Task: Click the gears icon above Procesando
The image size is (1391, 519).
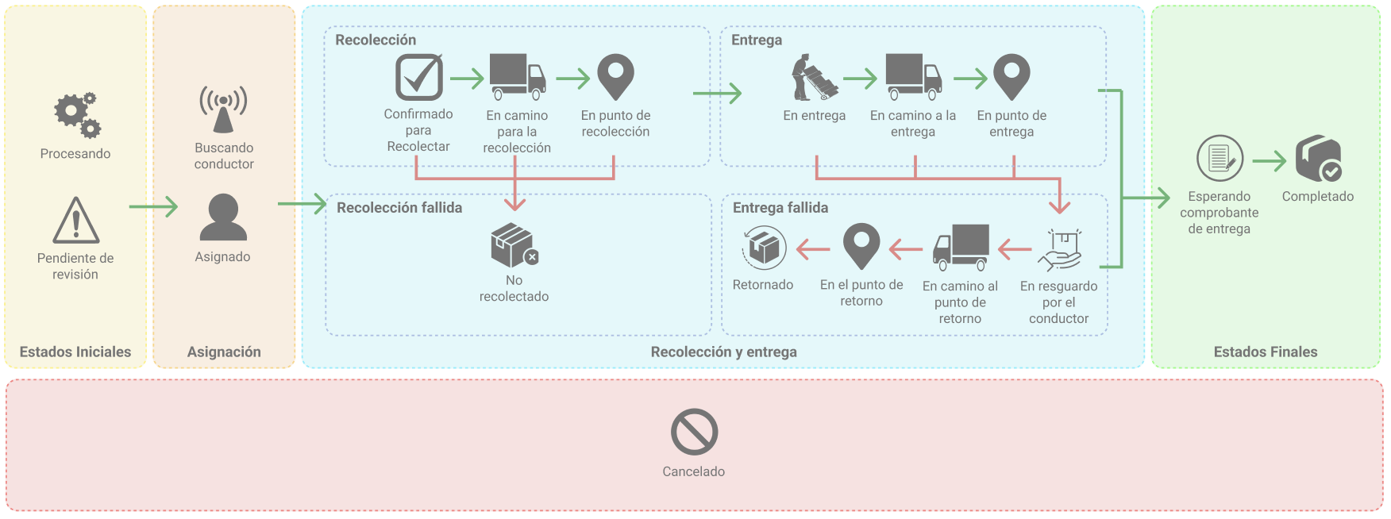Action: [x=77, y=115]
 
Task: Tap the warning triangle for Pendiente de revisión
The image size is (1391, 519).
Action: [x=76, y=221]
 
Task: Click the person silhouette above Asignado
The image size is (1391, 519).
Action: [x=223, y=217]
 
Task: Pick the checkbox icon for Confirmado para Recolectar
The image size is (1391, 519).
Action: [x=419, y=77]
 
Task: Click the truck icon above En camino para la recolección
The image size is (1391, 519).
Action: [x=518, y=77]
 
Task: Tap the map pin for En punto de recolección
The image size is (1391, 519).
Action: [x=615, y=77]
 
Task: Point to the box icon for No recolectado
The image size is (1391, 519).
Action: [x=514, y=245]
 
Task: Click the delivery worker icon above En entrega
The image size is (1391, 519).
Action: [x=814, y=78]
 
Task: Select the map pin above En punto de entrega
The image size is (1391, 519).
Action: [x=1011, y=77]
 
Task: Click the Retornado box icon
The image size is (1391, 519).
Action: [x=764, y=248]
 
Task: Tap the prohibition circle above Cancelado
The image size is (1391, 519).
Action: [x=694, y=432]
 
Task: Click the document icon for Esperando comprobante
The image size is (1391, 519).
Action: [x=1220, y=159]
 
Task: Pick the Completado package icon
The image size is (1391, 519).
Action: [x=1318, y=159]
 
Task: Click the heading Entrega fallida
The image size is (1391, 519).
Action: [x=780, y=208]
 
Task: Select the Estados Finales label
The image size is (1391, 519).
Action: [x=1265, y=352]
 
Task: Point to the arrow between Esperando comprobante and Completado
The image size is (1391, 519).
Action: [x=1269, y=161]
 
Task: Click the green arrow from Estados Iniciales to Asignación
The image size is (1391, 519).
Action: [x=153, y=207]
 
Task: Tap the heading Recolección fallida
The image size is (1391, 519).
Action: [x=399, y=208]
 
